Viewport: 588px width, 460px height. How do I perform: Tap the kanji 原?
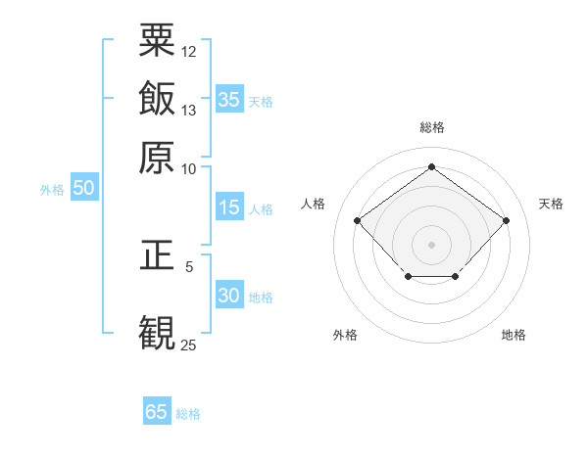pos(158,157)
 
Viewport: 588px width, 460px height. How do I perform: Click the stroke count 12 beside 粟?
pos(189,51)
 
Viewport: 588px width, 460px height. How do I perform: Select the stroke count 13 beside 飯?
pos(189,110)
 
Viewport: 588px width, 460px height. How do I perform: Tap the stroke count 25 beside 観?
pos(189,345)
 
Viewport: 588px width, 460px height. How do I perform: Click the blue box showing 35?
pos(229,100)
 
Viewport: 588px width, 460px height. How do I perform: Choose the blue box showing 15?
pos(229,207)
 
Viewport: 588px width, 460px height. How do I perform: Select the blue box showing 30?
pos(229,296)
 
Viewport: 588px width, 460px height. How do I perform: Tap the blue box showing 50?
pos(83,189)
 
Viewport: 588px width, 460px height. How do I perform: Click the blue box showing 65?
pos(157,412)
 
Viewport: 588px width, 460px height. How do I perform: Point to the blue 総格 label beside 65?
pos(188,414)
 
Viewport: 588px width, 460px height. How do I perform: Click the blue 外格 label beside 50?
pos(52,191)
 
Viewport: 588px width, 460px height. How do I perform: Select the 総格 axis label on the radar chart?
pos(431,128)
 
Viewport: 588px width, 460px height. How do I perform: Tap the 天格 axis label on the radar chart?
pos(551,204)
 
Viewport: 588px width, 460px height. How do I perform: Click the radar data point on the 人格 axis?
pos(358,220)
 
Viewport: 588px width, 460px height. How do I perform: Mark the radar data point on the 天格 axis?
pos(506,220)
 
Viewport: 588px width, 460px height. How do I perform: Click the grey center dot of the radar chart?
pos(431,244)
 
